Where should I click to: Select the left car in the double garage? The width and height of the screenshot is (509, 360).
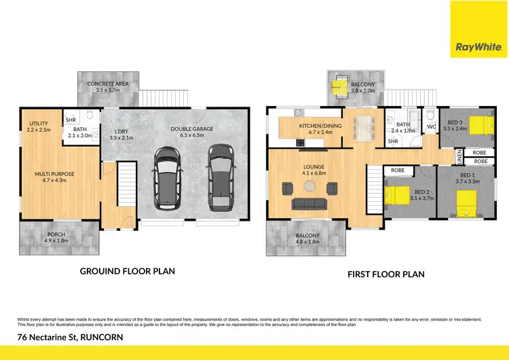point(168,178)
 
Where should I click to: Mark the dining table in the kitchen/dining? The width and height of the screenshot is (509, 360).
point(364,126)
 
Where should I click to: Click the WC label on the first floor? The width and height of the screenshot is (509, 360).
point(431,127)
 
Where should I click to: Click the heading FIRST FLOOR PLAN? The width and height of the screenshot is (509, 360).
point(385,274)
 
